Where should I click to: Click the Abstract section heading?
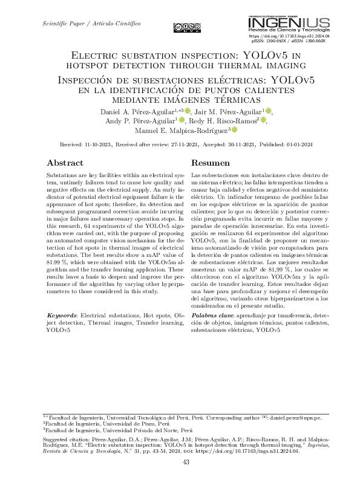(65, 163)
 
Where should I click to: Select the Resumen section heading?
(211, 163)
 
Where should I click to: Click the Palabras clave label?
(212, 316)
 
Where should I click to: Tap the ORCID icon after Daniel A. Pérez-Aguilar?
(188, 111)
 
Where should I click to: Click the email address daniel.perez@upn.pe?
(295, 418)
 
